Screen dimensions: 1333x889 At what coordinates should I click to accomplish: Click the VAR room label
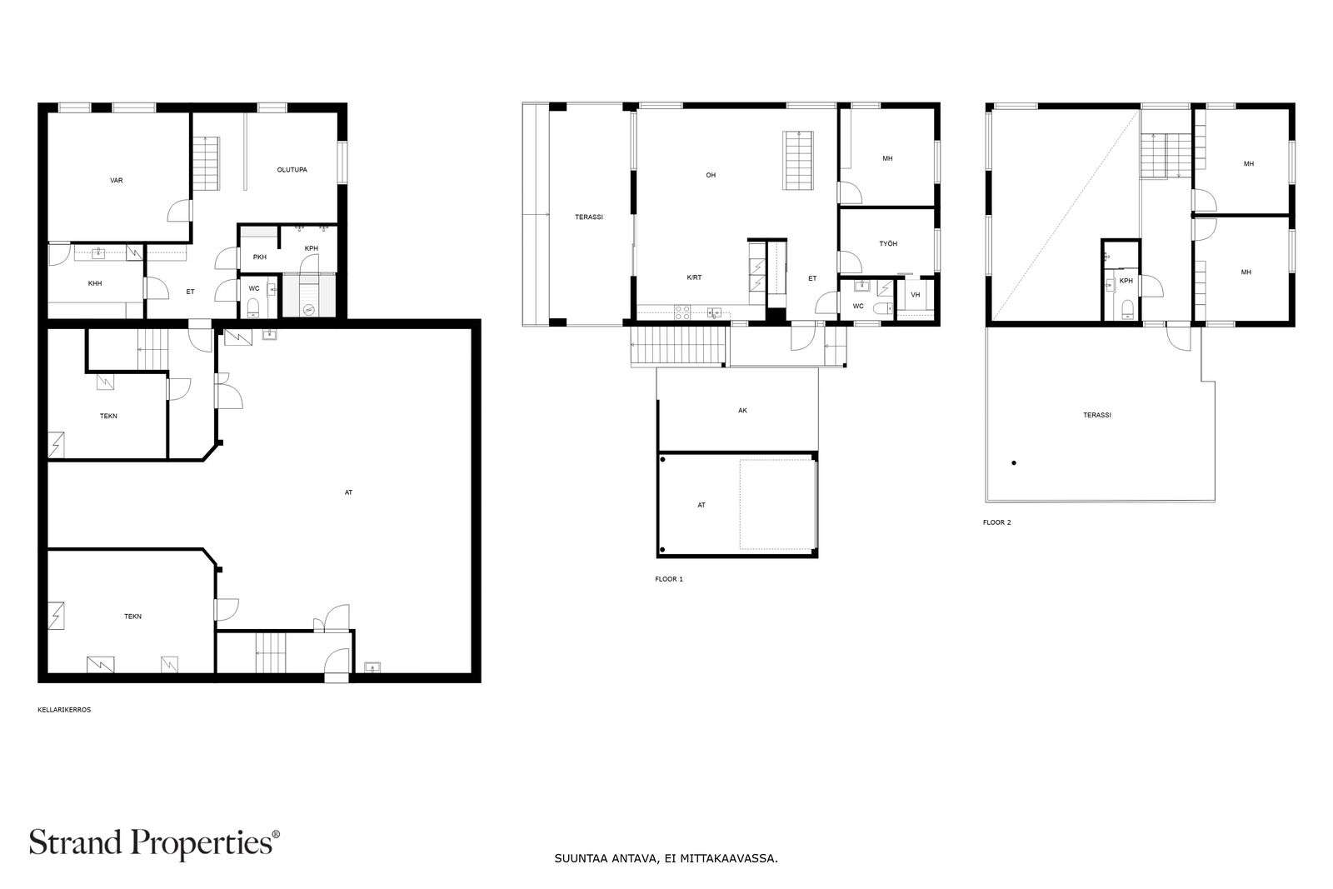coord(116,180)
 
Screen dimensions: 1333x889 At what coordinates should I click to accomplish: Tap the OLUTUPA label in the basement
coord(292,170)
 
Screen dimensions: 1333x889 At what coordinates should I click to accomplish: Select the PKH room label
coord(259,257)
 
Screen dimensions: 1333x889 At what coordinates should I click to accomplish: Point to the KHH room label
coord(95,283)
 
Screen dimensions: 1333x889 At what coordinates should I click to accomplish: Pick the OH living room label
coord(711,175)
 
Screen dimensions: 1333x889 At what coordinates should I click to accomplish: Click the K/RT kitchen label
coord(694,277)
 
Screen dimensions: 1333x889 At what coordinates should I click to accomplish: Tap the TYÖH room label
coord(888,243)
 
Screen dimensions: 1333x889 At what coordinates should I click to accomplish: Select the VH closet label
coord(916,295)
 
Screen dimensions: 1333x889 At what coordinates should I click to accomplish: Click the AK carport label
coord(742,410)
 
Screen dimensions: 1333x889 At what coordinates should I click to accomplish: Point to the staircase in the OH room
coord(798,160)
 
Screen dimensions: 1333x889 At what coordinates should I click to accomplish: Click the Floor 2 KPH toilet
coord(1126,309)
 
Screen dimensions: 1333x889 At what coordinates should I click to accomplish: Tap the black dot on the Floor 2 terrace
coord(1013,462)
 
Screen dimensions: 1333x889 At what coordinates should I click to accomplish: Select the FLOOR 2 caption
coord(996,522)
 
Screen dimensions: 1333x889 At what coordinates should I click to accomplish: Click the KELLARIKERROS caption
coord(64,709)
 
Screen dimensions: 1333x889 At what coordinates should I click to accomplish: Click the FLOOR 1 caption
coord(669,579)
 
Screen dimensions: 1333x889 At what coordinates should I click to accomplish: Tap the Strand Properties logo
coord(154,843)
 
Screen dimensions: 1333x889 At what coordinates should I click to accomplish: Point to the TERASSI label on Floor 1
coord(588,217)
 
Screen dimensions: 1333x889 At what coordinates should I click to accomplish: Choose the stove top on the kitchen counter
coord(682,312)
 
